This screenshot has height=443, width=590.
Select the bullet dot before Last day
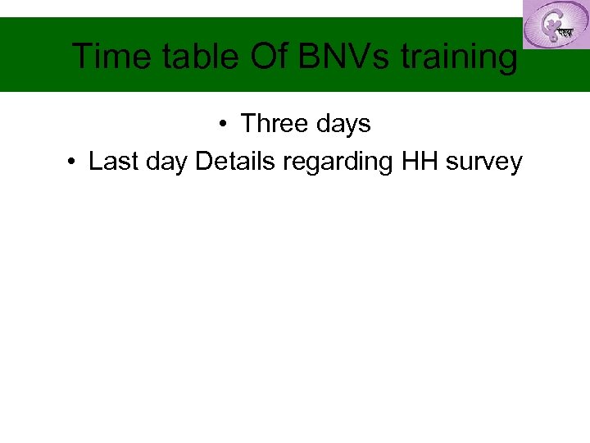click(x=72, y=162)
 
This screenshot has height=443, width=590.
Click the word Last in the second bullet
click(x=111, y=162)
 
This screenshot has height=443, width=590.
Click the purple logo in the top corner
click(x=556, y=25)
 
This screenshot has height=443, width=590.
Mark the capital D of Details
click(x=203, y=162)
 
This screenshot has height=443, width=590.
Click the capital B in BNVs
click(x=310, y=57)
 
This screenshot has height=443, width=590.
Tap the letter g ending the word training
click(x=509, y=61)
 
